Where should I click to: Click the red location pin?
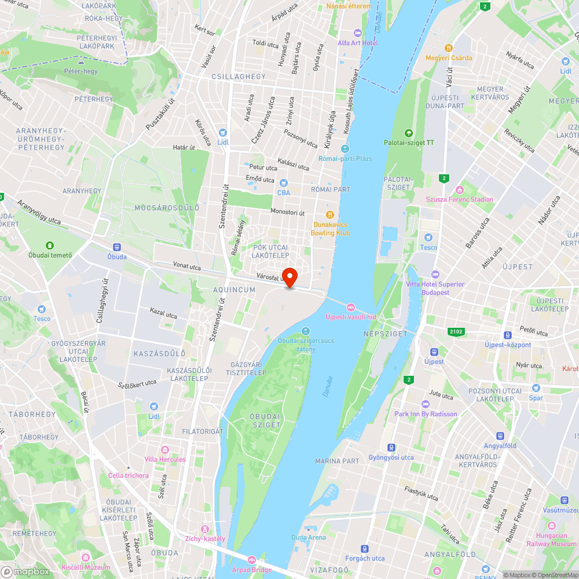[x=289, y=277]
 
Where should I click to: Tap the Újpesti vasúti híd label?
[x=351, y=317]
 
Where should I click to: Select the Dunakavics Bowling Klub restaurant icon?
[x=330, y=214]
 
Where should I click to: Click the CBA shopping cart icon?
[x=284, y=183]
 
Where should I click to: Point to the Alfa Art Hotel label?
[x=358, y=43]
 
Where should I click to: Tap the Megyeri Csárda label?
[x=449, y=58]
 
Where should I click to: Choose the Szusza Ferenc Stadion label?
[x=460, y=199]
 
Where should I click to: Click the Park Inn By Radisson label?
[x=426, y=414]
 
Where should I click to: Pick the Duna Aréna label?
[x=309, y=537]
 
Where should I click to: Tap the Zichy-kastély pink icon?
[x=204, y=529]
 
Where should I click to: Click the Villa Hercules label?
[x=165, y=459]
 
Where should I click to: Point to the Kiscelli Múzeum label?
[x=86, y=567]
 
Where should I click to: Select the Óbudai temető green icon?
[x=50, y=245]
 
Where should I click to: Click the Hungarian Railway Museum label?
[x=551, y=540]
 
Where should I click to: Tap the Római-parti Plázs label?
[x=345, y=158]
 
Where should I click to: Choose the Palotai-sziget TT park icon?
[x=409, y=133]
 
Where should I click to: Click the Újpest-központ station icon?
[x=508, y=335]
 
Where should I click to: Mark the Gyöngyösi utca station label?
[x=391, y=457]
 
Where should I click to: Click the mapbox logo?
[x=25, y=571]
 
